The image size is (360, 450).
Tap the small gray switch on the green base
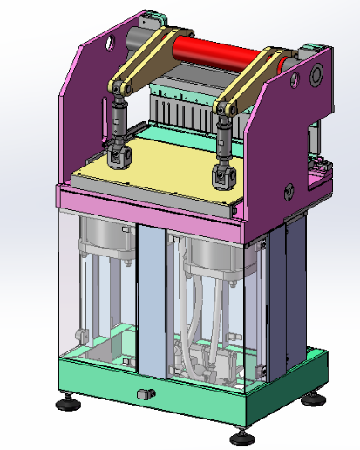point(146,394)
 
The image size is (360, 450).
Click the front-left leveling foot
point(66,404)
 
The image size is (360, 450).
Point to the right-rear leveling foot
point(313,400)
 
